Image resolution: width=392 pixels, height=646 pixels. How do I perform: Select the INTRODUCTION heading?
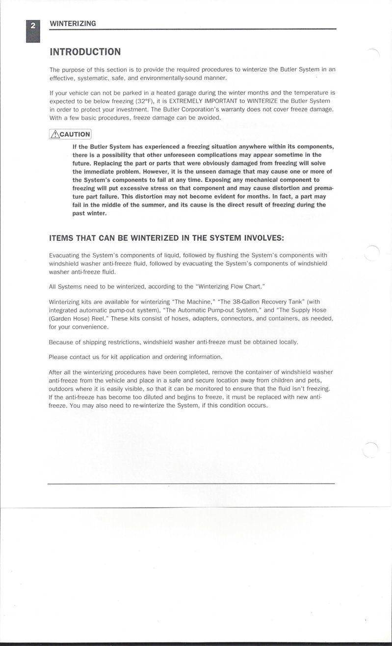pyautogui.click(x=85, y=52)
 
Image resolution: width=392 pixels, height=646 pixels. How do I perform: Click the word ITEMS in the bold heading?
pyautogui.click(x=63, y=238)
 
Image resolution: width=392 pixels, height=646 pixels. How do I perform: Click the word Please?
pyautogui.click(x=59, y=357)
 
